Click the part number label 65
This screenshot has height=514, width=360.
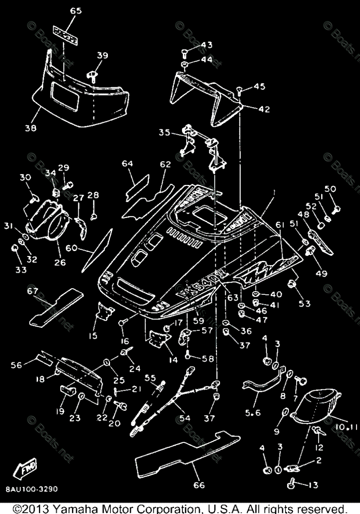click(76, 12)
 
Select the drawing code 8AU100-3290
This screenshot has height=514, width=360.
click(32, 489)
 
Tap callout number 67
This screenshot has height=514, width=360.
click(33, 291)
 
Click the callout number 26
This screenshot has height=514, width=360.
click(60, 262)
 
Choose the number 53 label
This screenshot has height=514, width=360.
click(305, 304)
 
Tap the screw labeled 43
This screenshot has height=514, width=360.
click(184, 53)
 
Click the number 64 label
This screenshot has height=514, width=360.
click(127, 164)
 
